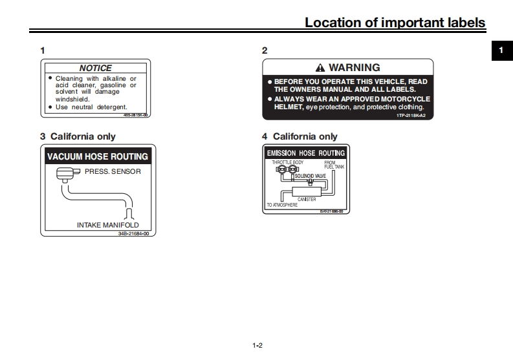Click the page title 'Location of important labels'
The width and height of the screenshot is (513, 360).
395,23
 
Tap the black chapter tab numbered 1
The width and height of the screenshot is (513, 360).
501,50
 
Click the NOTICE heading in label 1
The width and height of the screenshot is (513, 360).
95,68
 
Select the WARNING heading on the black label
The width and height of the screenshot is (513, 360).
354,67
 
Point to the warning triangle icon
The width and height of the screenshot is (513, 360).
320,68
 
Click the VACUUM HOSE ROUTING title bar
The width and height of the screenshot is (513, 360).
98,156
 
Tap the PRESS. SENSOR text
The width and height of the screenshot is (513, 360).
113,172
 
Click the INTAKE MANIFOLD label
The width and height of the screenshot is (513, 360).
108,225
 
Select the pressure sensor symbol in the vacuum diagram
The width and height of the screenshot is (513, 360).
66,173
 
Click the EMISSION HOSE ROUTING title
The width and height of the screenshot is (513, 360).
306,153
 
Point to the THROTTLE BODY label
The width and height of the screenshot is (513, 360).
287,162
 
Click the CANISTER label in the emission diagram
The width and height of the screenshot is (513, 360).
307,199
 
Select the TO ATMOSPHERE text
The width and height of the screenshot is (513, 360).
282,205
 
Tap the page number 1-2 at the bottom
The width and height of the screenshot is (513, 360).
257,346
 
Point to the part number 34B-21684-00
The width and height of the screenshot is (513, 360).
133,233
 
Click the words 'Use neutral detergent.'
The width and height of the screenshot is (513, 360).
91,107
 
